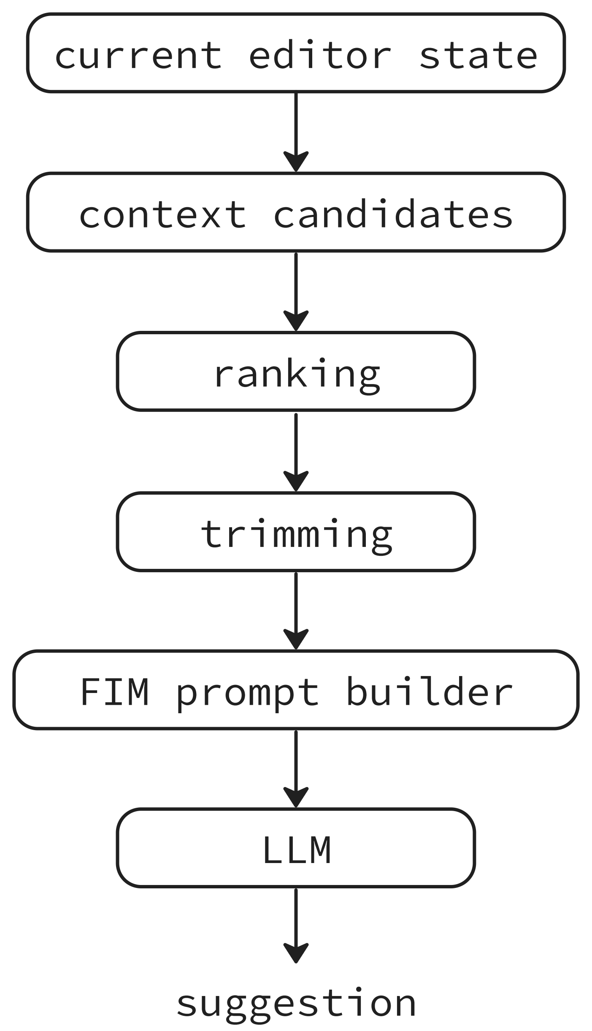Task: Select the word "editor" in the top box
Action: click(x=320, y=55)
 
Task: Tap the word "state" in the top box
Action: click(x=478, y=56)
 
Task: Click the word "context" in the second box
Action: click(x=162, y=215)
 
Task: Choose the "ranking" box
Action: click(x=296, y=371)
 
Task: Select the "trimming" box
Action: click(x=296, y=531)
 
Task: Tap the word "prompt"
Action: click(x=247, y=694)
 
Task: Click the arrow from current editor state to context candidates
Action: click(x=296, y=132)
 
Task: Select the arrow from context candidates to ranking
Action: click(x=296, y=292)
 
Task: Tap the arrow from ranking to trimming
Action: click(x=296, y=452)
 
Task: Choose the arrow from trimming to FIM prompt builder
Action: click(x=296, y=611)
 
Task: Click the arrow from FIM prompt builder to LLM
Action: click(x=296, y=769)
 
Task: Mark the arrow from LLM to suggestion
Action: click(x=296, y=926)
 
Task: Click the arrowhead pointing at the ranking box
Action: click(x=296, y=322)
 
